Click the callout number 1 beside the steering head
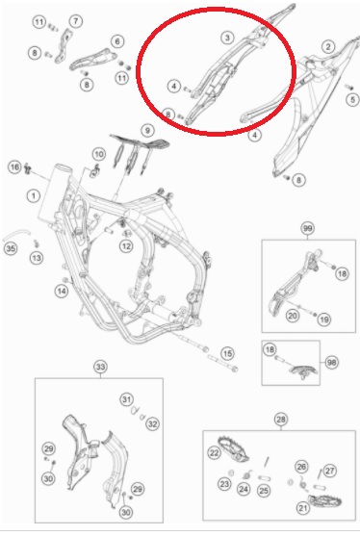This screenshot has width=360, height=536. [x=33, y=196]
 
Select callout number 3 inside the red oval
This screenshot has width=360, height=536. [x=227, y=38]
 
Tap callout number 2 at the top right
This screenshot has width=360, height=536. [x=328, y=46]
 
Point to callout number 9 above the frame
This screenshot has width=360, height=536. [x=147, y=130]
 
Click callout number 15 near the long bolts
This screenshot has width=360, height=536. [x=227, y=353]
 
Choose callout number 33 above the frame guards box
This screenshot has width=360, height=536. [x=100, y=368]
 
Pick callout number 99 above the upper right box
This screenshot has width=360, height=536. [x=308, y=228]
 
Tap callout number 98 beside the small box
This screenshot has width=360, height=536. [x=331, y=362]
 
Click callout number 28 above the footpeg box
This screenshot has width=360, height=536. [x=281, y=420]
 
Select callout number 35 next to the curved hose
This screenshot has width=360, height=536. [x=11, y=248]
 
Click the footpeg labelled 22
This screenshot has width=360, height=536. [x=234, y=447]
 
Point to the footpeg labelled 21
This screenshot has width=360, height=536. [x=324, y=501]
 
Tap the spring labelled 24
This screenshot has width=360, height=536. [x=245, y=475]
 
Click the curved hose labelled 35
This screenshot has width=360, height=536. [x=16, y=235]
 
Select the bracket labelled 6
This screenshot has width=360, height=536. [x=93, y=60]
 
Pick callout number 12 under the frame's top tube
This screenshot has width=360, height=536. [x=126, y=245]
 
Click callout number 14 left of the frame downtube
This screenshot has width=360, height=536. [x=62, y=291]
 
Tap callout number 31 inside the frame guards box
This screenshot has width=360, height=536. [x=126, y=399]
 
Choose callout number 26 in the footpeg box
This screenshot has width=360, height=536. [x=301, y=467]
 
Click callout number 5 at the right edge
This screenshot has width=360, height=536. [x=353, y=99]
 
